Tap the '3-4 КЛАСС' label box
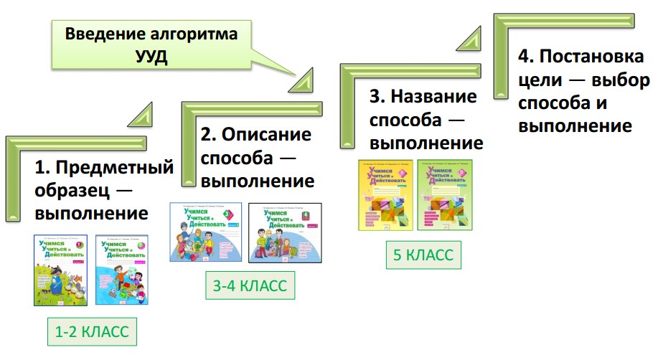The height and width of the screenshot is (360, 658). [249, 286]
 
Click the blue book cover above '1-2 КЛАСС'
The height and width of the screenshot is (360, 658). [121, 270]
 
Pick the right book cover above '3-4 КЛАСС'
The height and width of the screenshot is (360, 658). [284, 232]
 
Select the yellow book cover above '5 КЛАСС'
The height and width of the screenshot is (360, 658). [385, 195]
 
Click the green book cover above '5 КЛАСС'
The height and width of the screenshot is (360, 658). [445, 195]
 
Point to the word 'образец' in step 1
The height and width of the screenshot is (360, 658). [71, 191]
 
